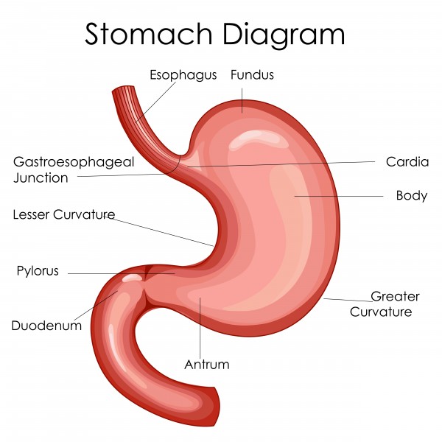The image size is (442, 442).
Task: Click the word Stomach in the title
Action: tap(149, 34)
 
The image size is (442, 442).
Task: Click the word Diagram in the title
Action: tap(284, 36)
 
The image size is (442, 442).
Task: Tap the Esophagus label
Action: tap(183, 75)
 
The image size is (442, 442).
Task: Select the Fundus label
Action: tap(252, 74)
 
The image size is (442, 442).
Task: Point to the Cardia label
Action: tap(407, 162)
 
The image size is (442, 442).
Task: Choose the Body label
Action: tap(412, 196)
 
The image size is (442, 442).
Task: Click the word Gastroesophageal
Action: tap(74, 162)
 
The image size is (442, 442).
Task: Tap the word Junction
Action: tap(41, 178)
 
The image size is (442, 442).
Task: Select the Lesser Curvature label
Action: tap(64, 214)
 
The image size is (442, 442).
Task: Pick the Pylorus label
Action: tap(38, 270)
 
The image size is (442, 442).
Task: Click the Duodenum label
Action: tap(46, 326)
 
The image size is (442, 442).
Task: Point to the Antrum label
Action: tap(207, 364)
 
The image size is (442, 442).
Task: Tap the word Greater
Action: tap(395, 296)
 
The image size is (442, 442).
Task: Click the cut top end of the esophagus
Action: tap(123, 90)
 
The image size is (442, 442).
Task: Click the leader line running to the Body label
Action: tap(339, 196)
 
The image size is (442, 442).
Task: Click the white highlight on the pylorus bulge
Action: tap(132, 278)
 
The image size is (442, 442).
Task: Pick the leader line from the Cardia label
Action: tap(281, 164)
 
